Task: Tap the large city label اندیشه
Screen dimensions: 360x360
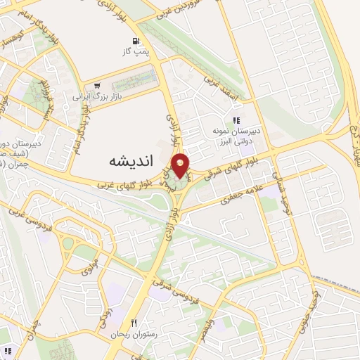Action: pyautogui.click(x=132, y=161)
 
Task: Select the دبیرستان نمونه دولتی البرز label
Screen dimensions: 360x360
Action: pyautogui.click(x=238, y=136)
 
